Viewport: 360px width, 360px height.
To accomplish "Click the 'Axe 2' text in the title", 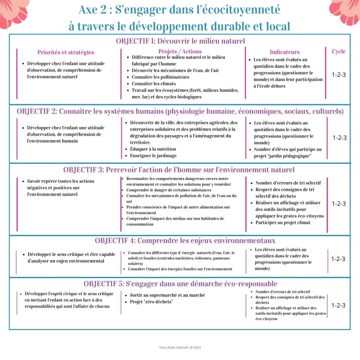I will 91,10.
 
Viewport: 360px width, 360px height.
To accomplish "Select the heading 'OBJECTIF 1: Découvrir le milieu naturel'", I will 180,41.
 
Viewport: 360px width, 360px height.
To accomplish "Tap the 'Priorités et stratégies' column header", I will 66,52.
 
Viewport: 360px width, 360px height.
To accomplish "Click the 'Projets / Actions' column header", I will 180,52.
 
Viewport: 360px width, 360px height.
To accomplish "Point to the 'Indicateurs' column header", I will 285,52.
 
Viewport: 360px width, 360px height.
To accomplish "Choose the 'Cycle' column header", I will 339,51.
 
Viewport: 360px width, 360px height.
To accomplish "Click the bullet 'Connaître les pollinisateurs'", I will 160,77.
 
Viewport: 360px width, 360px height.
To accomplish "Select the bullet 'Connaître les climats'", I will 154,84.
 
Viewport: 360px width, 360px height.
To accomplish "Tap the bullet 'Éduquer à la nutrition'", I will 153,149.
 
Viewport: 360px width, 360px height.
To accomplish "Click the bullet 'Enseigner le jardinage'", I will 153,156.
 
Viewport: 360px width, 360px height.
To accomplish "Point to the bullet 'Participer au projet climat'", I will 283,223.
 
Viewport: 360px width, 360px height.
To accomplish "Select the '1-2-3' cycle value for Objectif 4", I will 338,259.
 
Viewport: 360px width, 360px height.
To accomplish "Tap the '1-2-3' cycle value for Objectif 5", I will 338,306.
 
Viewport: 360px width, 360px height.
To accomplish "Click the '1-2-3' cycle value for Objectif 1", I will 339,75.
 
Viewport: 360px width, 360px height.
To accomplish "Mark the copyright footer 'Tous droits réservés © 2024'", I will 180,348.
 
